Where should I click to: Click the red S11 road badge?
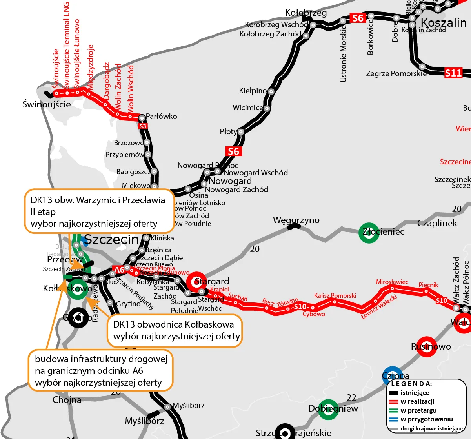453,73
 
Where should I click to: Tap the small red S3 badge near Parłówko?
143,126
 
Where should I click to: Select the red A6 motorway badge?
119,270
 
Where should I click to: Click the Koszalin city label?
444,22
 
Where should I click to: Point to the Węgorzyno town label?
296,220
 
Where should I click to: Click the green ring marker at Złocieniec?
369,233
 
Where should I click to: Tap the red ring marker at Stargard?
196,281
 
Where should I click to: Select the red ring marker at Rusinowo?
426,346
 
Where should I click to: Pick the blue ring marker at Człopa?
392,376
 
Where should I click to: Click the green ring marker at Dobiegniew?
327,409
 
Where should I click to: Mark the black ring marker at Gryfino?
78,317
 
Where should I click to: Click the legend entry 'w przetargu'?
418,410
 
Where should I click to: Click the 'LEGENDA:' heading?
412,384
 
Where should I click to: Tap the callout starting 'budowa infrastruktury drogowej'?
100,371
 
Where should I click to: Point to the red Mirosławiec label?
392,282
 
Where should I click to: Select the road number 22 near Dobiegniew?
351,398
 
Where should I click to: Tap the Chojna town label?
67,400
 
